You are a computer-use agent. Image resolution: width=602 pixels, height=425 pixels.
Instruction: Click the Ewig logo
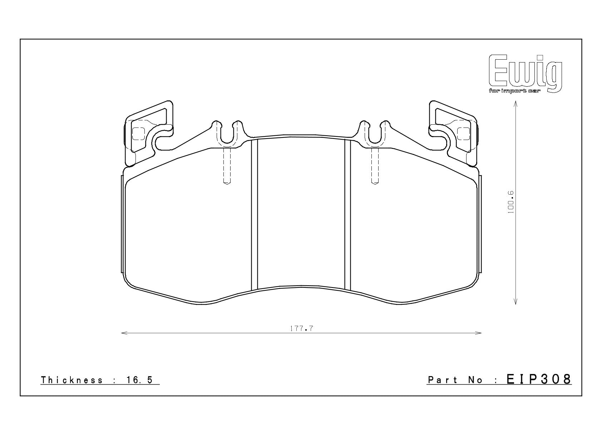click(525, 73)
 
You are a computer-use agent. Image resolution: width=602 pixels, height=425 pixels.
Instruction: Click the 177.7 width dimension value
click(302, 328)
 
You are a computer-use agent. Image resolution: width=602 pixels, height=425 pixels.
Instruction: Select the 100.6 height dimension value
click(510, 202)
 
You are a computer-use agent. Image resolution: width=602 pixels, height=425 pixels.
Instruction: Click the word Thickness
click(72, 380)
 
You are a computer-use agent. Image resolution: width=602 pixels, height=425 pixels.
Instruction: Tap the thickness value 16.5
click(139, 380)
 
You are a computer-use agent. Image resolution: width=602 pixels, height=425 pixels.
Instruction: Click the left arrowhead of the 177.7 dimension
click(124, 333)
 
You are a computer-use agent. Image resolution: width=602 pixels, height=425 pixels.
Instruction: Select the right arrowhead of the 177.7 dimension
click(478, 333)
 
